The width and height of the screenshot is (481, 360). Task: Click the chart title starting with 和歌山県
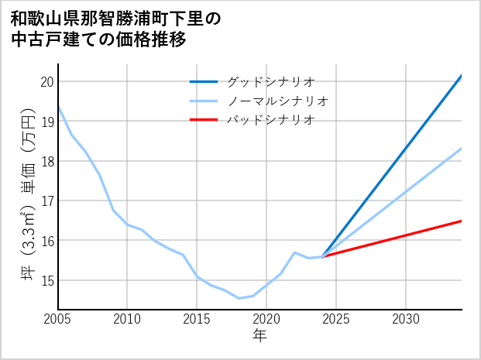pos(116,29)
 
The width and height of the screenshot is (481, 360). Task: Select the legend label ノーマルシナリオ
pos(278,101)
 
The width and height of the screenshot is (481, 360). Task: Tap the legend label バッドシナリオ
pos(270,120)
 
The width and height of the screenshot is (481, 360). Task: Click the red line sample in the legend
pos(204,120)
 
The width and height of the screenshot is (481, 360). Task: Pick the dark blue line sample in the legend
pos(204,81)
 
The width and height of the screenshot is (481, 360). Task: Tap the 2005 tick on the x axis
pos(58,319)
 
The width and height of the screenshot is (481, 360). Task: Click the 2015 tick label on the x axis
pos(197,319)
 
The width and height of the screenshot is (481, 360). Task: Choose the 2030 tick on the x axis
pos(406,319)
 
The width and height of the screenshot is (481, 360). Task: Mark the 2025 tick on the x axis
pos(336,319)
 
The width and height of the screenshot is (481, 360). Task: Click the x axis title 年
pos(259,336)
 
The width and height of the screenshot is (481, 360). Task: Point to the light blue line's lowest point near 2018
pos(239,298)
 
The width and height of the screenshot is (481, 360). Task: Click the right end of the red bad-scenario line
pos(461,221)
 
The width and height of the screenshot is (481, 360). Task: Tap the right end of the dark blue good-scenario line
pos(461,76)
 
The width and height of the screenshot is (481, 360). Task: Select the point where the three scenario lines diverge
pos(322,257)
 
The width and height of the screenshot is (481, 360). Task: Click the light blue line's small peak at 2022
pos(294,252)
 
